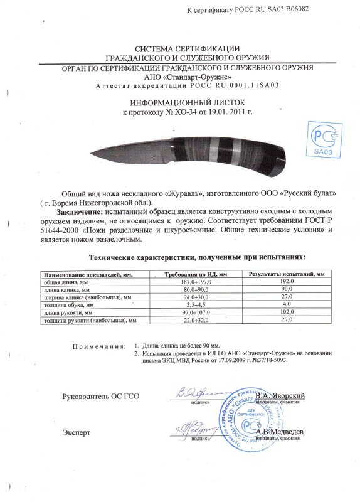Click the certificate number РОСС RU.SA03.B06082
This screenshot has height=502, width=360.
[275, 9]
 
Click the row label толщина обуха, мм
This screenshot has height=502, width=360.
[68, 304]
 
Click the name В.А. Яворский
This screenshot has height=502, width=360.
[280, 396]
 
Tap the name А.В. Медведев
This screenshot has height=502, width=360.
[280, 432]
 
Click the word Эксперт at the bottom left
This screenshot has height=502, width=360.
[77, 433]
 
